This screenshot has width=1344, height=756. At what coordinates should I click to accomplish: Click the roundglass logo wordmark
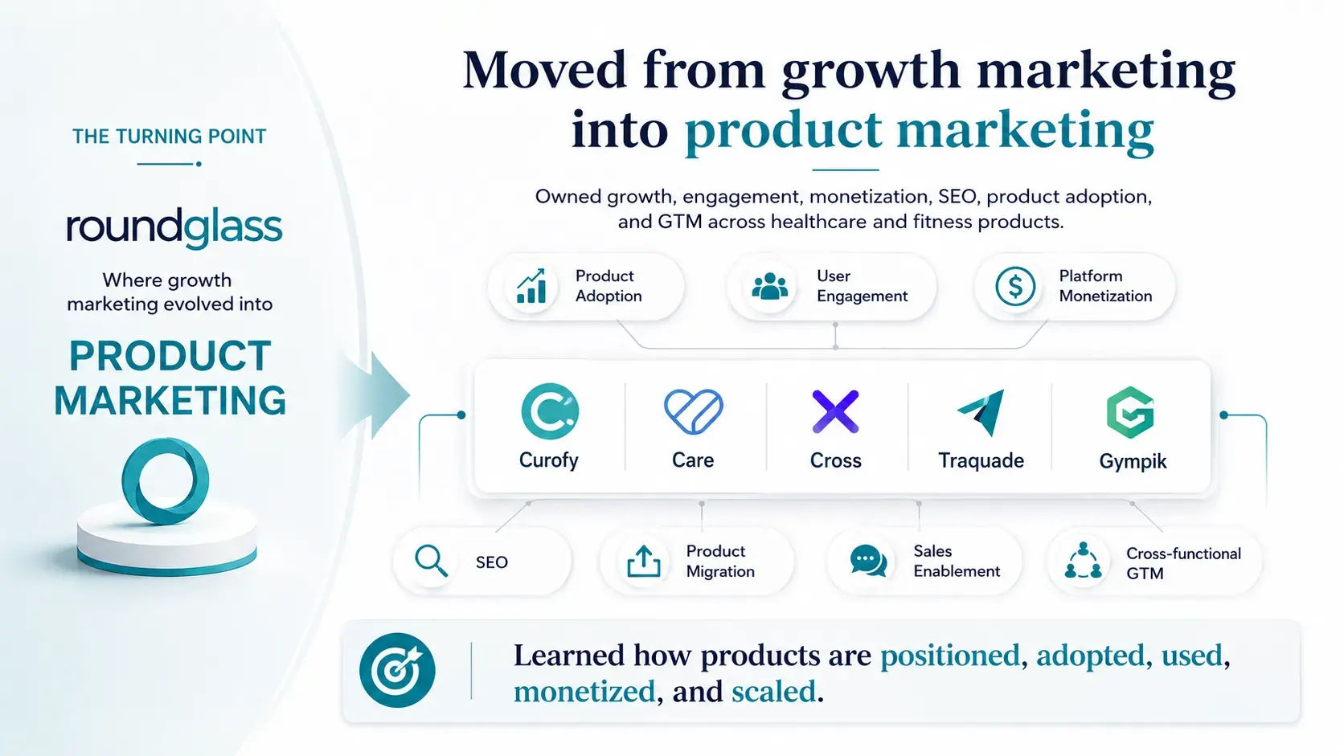point(174,228)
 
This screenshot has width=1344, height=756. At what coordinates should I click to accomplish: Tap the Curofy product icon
point(550,411)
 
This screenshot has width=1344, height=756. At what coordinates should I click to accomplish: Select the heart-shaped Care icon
point(694,411)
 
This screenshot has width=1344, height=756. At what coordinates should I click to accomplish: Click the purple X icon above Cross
point(835,412)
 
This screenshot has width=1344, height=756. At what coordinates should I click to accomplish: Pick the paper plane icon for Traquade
point(982,412)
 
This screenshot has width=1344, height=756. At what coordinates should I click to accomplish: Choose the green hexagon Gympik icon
point(1130,412)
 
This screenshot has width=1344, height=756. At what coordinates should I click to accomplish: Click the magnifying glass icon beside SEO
point(431,561)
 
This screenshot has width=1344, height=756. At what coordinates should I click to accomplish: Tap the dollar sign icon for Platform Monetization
point(1015,286)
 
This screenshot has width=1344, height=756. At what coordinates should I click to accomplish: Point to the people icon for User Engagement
point(770,286)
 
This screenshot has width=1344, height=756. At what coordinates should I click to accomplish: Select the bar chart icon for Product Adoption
point(531,286)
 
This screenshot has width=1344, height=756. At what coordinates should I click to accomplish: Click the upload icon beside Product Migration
point(644,561)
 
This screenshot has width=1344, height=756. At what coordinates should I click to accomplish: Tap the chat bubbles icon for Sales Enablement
point(868,561)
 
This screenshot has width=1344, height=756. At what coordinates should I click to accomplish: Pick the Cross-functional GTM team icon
point(1083,560)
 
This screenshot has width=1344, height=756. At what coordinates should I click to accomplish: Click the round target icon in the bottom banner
point(397,670)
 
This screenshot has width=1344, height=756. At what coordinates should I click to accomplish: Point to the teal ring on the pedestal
point(165,481)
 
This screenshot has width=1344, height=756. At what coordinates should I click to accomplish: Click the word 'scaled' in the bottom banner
point(774,691)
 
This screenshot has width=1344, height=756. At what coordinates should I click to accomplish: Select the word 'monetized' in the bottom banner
point(584,691)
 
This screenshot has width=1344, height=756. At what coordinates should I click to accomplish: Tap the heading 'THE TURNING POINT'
point(169,137)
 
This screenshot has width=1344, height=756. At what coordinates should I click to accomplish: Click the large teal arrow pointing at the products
point(378,395)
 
